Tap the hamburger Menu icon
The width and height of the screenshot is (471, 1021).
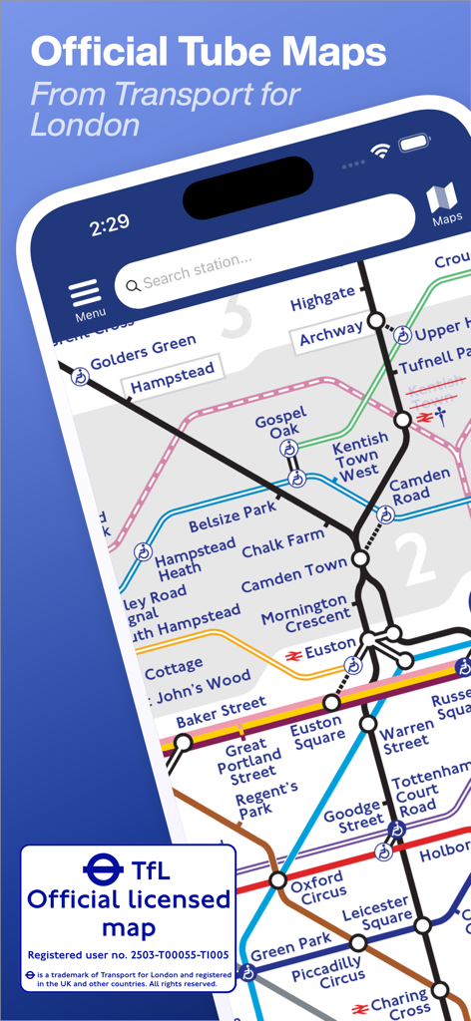pyautogui.click(x=86, y=292)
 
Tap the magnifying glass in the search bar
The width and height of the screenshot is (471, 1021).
pyautogui.click(x=133, y=286)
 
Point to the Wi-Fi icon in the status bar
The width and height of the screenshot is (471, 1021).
pyautogui.click(x=380, y=150)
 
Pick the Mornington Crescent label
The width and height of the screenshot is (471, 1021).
pyautogui.click(x=306, y=614)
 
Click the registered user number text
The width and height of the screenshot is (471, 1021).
pyautogui.click(x=128, y=954)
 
